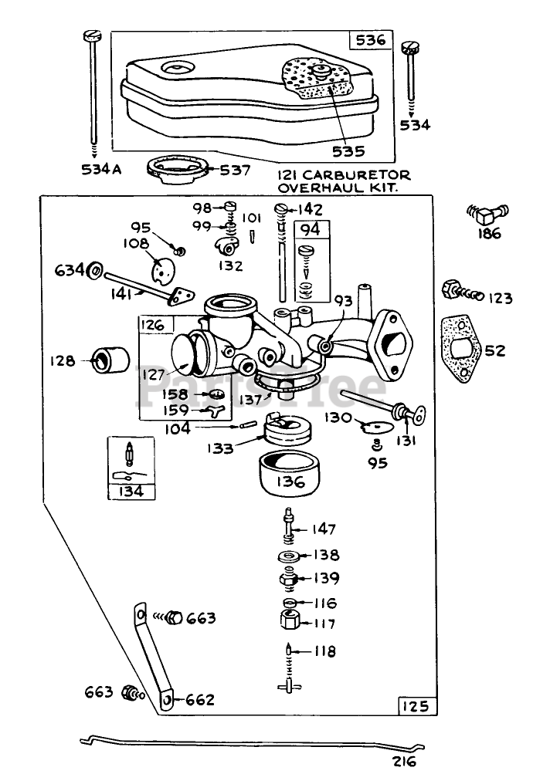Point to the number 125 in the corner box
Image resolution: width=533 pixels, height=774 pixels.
click(x=418, y=705)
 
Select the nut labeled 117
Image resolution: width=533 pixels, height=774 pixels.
click(x=287, y=621)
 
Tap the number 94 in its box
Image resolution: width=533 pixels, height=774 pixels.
click(x=309, y=229)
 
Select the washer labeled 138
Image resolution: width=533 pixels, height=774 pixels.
click(x=287, y=556)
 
